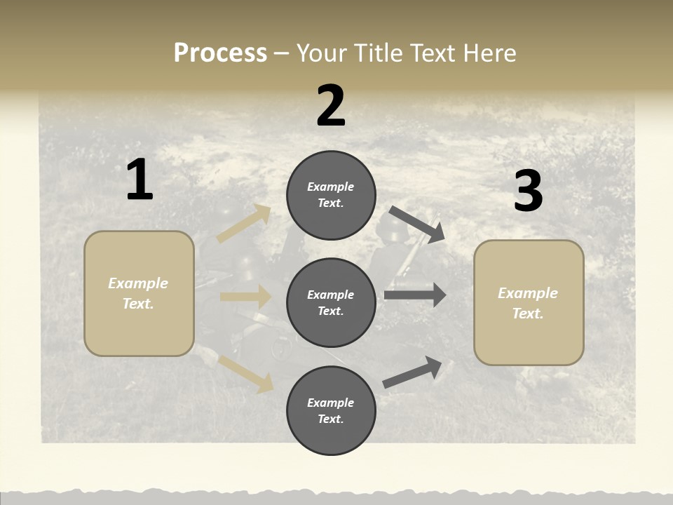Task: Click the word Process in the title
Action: click(220, 53)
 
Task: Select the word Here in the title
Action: click(488, 53)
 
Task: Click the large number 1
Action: click(140, 180)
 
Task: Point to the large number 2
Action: click(331, 106)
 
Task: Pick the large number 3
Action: click(528, 191)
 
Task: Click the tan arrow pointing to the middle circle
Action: click(245, 297)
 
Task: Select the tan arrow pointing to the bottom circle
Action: click(246, 372)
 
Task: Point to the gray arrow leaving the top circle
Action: click(418, 224)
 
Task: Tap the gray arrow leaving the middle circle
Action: click(415, 295)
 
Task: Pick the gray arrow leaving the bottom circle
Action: click(413, 372)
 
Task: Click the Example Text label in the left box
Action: click(139, 293)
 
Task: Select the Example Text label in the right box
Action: click(529, 303)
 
